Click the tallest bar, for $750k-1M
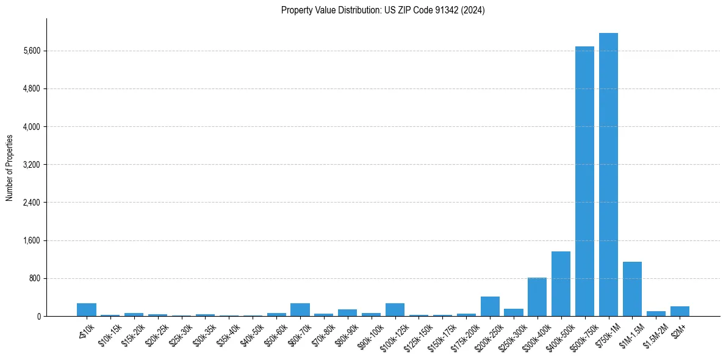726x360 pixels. click(608, 175)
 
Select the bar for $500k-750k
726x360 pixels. click(584, 181)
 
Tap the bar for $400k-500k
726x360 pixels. click(561, 284)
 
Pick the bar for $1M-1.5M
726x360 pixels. click(632, 289)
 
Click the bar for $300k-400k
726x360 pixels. click(537, 297)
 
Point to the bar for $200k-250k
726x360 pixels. click(490, 306)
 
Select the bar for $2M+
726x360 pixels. click(680, 311)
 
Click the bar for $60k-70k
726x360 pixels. click(300, 310)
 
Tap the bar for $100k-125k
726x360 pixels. click(395, 310)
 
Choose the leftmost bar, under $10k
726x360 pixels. click(87, 310)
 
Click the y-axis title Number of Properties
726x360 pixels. click(10, 167)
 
